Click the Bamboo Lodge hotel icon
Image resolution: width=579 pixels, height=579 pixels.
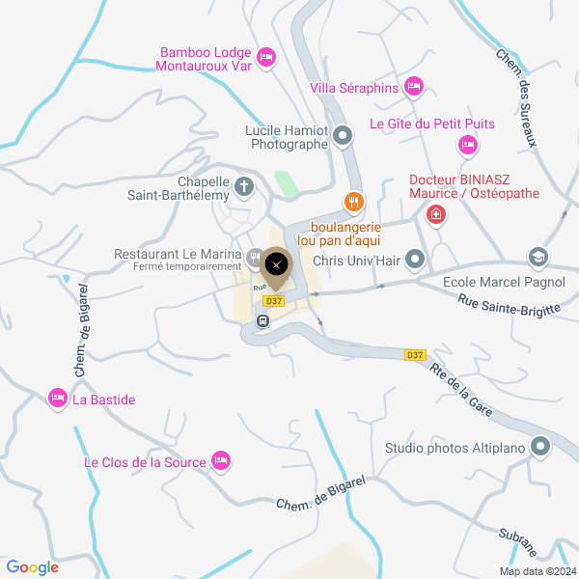(267, 57)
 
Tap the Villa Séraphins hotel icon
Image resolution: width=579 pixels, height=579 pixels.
(414, 88)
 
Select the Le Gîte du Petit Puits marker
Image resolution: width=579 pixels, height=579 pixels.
(467, 145)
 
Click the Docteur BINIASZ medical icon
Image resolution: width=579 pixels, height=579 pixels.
(437, 213)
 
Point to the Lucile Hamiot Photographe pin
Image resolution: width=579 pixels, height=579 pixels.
(344, 138)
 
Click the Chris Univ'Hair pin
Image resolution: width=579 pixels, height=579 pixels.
(416, 259)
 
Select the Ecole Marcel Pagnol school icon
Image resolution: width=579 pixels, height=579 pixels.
(538, 258)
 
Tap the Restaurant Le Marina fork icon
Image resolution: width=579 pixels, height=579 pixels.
(254, 258)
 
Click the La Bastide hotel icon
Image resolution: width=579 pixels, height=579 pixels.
(57, 398)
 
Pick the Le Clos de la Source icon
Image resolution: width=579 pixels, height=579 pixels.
(221, 461)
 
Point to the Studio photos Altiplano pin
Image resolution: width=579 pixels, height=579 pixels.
(539, 447)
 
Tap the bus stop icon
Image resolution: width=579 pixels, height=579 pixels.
(262, 320)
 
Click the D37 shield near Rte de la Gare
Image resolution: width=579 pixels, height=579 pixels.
(415, 355)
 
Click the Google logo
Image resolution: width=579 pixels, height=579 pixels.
(32, 567)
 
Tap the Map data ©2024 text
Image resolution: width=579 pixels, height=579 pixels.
(537, 570)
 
